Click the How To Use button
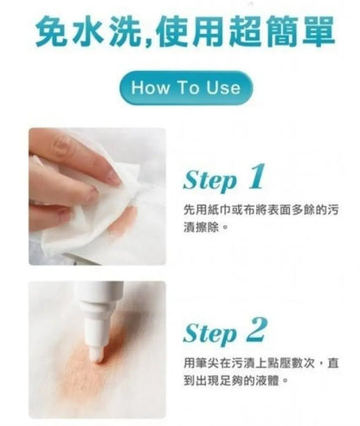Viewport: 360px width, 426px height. coord(186,87)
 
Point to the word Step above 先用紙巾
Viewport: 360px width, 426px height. coord(210,180)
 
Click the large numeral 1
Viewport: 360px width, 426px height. coord(256,177)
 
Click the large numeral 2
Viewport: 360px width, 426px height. coord(256,329)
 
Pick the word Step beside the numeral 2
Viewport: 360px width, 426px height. coord(210,333)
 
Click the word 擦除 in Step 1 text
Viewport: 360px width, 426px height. coord(207,228)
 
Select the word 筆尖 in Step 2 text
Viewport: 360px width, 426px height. coord(207,363)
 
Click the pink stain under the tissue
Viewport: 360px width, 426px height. coord(124,220)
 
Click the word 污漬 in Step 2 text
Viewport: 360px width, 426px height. coord(243,363)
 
